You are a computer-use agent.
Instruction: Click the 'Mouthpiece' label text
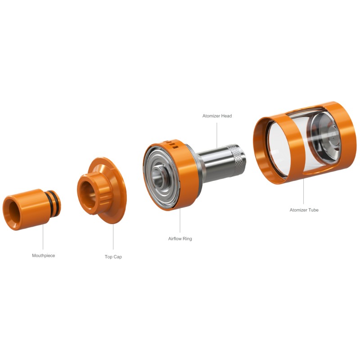click(x=43, y=256)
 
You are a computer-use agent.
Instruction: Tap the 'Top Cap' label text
click(x=113, y=256)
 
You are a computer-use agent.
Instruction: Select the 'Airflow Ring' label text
click(x=180, y=238)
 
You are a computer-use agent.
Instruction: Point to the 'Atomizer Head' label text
click(x=217, y=116)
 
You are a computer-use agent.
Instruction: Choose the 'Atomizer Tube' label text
click(x=304, y=210)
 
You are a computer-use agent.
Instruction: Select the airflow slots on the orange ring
click(x=172, y=144)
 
